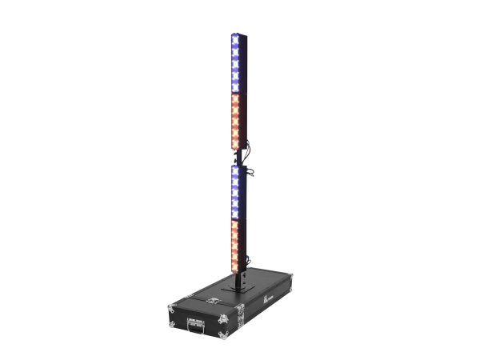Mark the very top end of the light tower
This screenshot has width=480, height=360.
pos(237,34)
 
